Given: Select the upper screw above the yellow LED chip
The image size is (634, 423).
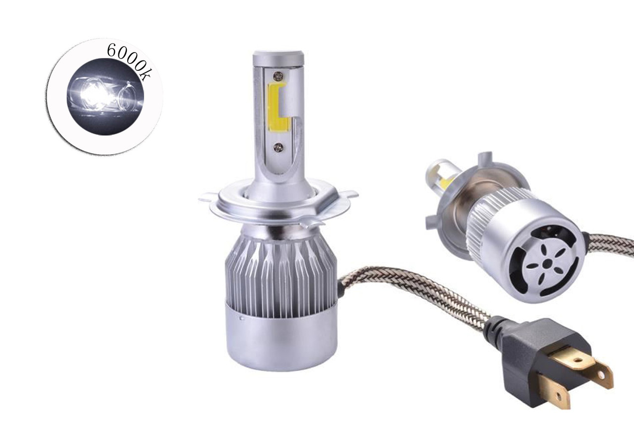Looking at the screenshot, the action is click(x=278, y=75).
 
